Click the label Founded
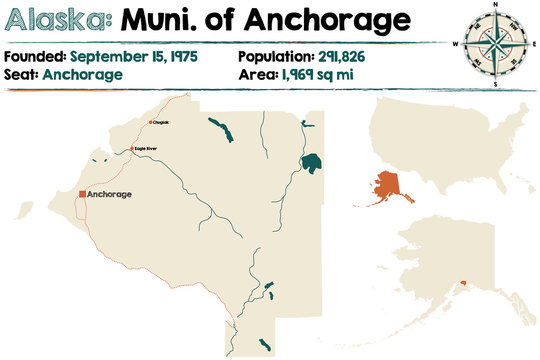[x=35, y=56]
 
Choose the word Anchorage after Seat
[x=83, y=74]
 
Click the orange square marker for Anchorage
[x=82, y=194]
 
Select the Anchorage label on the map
[x=110, y=194]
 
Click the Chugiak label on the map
[x=160, y=123]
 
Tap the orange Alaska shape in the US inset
[x=381, y=186]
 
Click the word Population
[x=274, y=56]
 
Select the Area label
[x=256, y=74]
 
